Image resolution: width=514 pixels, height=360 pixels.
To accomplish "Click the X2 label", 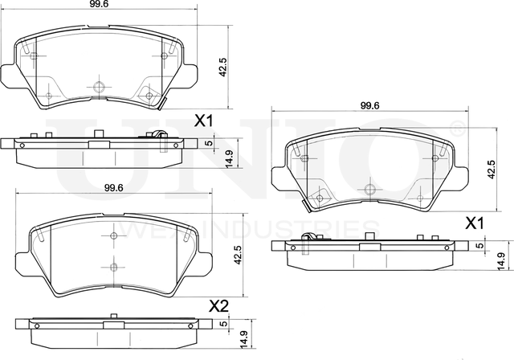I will [219, 306].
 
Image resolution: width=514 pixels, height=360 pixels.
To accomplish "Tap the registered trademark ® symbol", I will [456, 127].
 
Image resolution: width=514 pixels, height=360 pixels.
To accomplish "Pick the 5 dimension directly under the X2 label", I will [222, 325].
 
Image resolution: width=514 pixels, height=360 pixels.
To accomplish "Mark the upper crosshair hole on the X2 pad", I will [113, 235].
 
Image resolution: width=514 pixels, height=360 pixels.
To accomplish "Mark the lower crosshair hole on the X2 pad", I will [113, 267].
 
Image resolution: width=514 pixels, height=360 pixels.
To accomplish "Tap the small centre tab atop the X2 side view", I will [113, 320].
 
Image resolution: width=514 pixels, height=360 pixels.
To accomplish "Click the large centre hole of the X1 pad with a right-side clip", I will [100, 87].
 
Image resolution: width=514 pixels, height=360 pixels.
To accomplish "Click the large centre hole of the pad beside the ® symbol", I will [369, 190].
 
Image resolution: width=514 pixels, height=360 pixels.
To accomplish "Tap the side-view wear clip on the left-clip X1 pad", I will [308, 239].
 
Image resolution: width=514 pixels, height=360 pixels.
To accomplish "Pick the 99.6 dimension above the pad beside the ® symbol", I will [369, 105].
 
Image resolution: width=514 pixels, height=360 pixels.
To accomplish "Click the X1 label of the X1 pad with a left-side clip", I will [475, 223].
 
